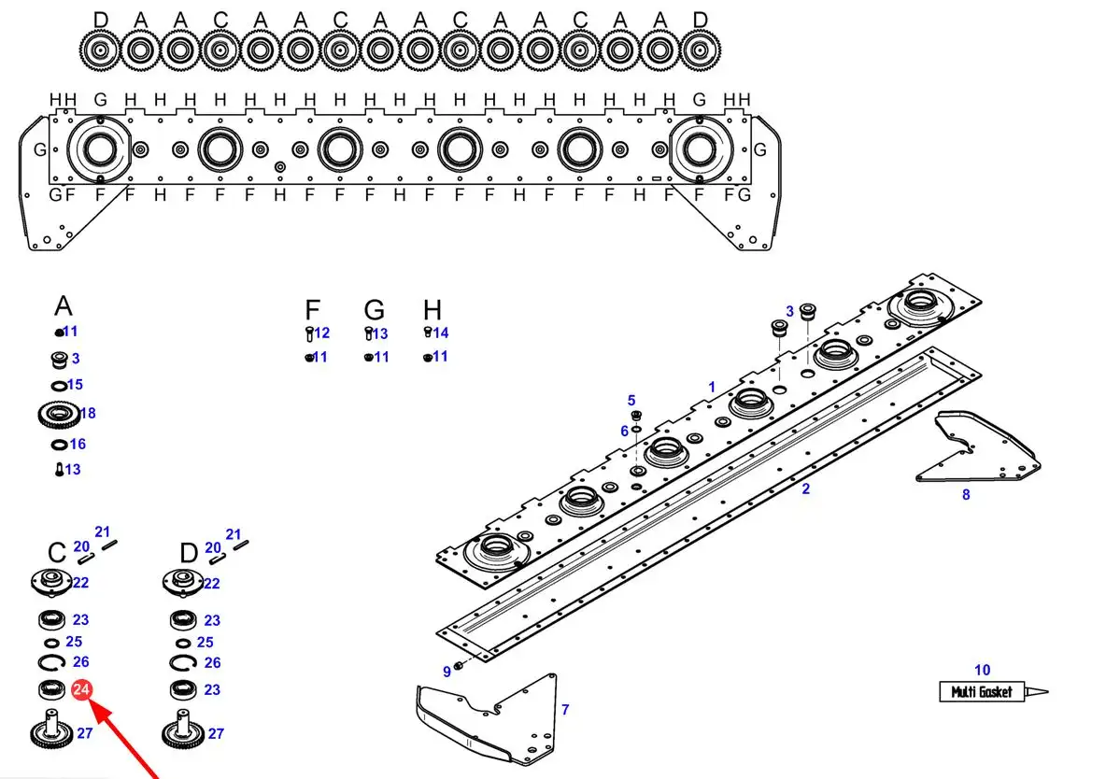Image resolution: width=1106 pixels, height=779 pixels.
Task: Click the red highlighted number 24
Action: pos(82,689)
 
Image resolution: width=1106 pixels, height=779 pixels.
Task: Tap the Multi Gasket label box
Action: pos(981,691)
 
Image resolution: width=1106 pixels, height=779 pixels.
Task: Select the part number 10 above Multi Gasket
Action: pos(982,670)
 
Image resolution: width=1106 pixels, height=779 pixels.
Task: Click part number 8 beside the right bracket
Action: pos(966,495)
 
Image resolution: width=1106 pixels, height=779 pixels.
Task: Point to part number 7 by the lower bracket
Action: pos(565,709)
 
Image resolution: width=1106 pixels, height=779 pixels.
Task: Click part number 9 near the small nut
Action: pos(447,672)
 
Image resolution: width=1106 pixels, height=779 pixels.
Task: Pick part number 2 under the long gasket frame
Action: pos(805,489)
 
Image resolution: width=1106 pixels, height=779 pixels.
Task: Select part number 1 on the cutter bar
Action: pos(712,387)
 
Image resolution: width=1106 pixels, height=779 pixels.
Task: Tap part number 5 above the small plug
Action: pos(631,400)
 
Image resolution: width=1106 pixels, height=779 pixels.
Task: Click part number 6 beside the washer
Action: pos(624,431)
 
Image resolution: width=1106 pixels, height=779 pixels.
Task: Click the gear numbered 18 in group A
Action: pos(59,414)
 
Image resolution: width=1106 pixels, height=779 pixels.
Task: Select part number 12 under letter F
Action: pos(321,333)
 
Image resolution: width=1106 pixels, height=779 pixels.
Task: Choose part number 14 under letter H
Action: pos(441,333)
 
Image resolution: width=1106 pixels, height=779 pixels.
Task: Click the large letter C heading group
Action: pos(57,553)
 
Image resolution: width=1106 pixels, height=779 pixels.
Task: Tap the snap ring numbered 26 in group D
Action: pos(183,662)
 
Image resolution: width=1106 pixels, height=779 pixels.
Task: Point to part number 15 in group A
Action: pos(75,385)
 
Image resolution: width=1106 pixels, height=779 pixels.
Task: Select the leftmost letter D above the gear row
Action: pos(101,19)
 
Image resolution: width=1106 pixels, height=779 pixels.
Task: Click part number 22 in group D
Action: pos(212,584)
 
